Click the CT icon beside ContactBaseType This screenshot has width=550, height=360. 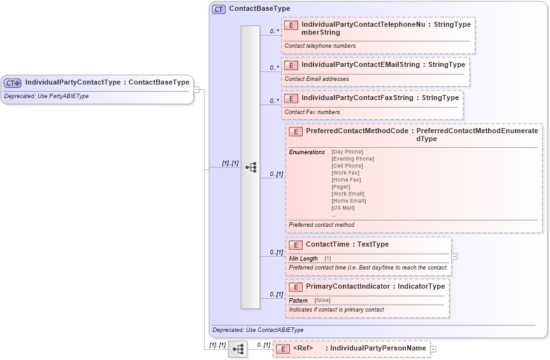pos(219,9)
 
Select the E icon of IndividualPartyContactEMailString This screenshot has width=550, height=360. pos(291,65)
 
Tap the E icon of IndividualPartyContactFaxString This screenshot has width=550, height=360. pos(291,98)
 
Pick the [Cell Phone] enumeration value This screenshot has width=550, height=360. pos(347,166)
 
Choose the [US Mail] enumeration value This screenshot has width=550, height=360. pos(343,208)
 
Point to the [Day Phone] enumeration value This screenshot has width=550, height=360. pos(347,152)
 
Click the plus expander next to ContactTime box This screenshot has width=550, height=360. pos(454,256)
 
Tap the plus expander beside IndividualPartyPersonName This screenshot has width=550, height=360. pos(433,349)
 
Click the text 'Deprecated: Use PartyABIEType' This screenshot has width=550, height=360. pos(46,96)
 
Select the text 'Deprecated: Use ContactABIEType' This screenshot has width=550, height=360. pos(257,330)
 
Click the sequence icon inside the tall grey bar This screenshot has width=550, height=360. pos(250,167)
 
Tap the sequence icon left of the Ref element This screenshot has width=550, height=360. pos(238,349)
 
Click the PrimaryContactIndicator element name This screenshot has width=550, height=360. pos(347,286)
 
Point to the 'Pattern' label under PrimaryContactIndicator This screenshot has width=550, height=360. pos(298,300)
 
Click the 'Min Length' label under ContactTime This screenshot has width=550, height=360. pos(303,259)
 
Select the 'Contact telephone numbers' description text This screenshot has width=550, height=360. pos(320,46)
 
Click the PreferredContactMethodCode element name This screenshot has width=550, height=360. pos(357,131)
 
